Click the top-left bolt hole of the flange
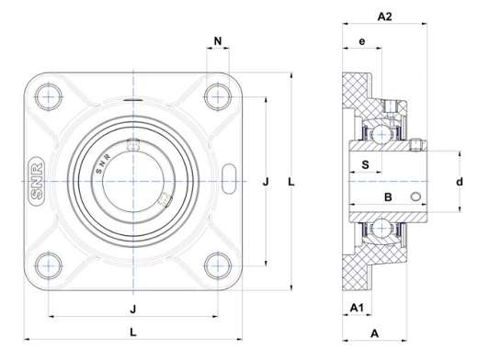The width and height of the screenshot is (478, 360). click(x=49, y=97)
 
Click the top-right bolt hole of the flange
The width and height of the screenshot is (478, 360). click(x=218, y=97)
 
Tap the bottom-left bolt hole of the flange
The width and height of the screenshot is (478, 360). click(x=49, y=265)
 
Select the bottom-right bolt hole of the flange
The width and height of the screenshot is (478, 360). click(x=218, y=265)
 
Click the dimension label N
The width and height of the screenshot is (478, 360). click(x=218, y=40)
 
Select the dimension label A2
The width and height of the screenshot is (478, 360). click(x=384, y=17)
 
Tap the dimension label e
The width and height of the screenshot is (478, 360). click(x=362, y=41)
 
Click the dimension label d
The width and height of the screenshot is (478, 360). click(x=460, y=182)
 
